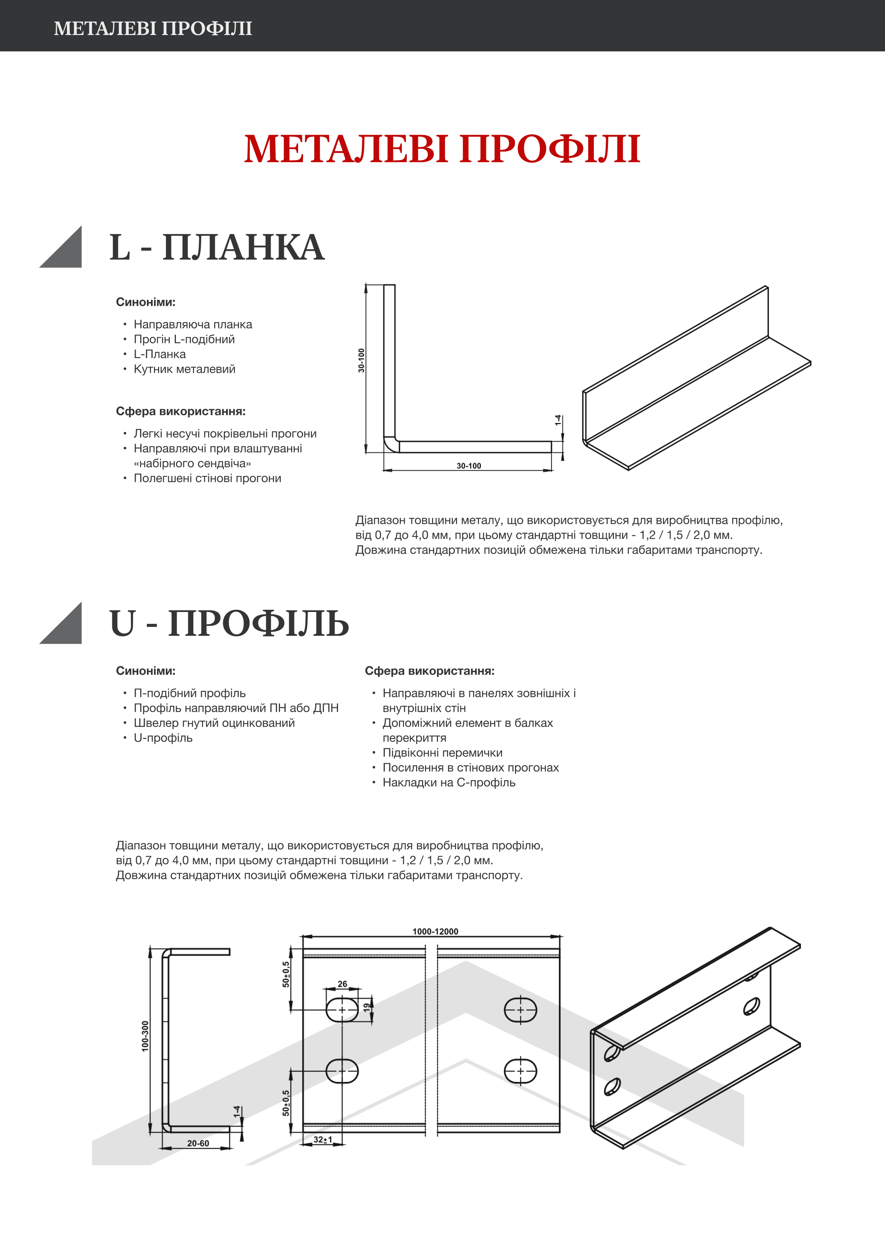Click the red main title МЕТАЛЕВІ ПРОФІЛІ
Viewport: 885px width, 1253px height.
click(x=442, y=149)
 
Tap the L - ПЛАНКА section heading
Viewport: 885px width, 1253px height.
click(x=217, y=247)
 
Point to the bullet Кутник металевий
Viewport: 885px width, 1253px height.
click(x=184, y=369)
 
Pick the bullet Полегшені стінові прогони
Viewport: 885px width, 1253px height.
click(x=207, y=478)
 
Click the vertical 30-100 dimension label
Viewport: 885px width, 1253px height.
click(x=361, y=360)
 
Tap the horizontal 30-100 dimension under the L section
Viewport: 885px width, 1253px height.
click(x=469, y=465)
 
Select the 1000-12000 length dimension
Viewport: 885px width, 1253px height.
click(x=435, y=932)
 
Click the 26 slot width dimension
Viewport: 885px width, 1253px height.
click(x=342, y=984)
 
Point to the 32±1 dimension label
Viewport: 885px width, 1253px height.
click(x=322, y=1140)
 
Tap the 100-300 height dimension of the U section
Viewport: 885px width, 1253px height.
click(x=145, y=1036)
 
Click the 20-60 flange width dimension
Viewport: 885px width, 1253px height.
click(x=198, y=1143)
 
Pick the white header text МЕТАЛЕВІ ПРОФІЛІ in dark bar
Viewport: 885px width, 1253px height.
click(x=153, y=28)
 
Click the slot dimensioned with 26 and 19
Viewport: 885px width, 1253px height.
click(x=342, y=1010)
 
